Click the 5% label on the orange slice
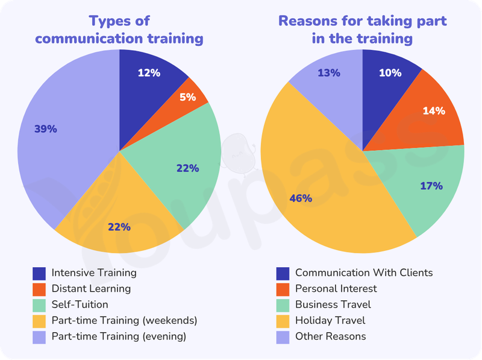(x=187, y=97)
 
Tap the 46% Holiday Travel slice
(x=323, y=191)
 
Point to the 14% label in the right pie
(x=434, y=111)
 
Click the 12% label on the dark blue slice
(x=149, y=73)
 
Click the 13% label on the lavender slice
(x=329, y=73)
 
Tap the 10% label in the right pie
(x=390, y=73)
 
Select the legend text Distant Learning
(x=91, y=289)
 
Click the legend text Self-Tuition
(x=80, y=305)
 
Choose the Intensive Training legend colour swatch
(x=39, y=274)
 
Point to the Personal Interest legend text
(x=336, y=289)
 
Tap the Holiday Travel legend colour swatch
(x=283, y=321)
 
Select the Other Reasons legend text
(x=331, y=336)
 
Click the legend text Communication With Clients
(x=364, y=273)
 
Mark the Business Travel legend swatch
(x=283, y=306)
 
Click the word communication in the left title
(x=89, y=39)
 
